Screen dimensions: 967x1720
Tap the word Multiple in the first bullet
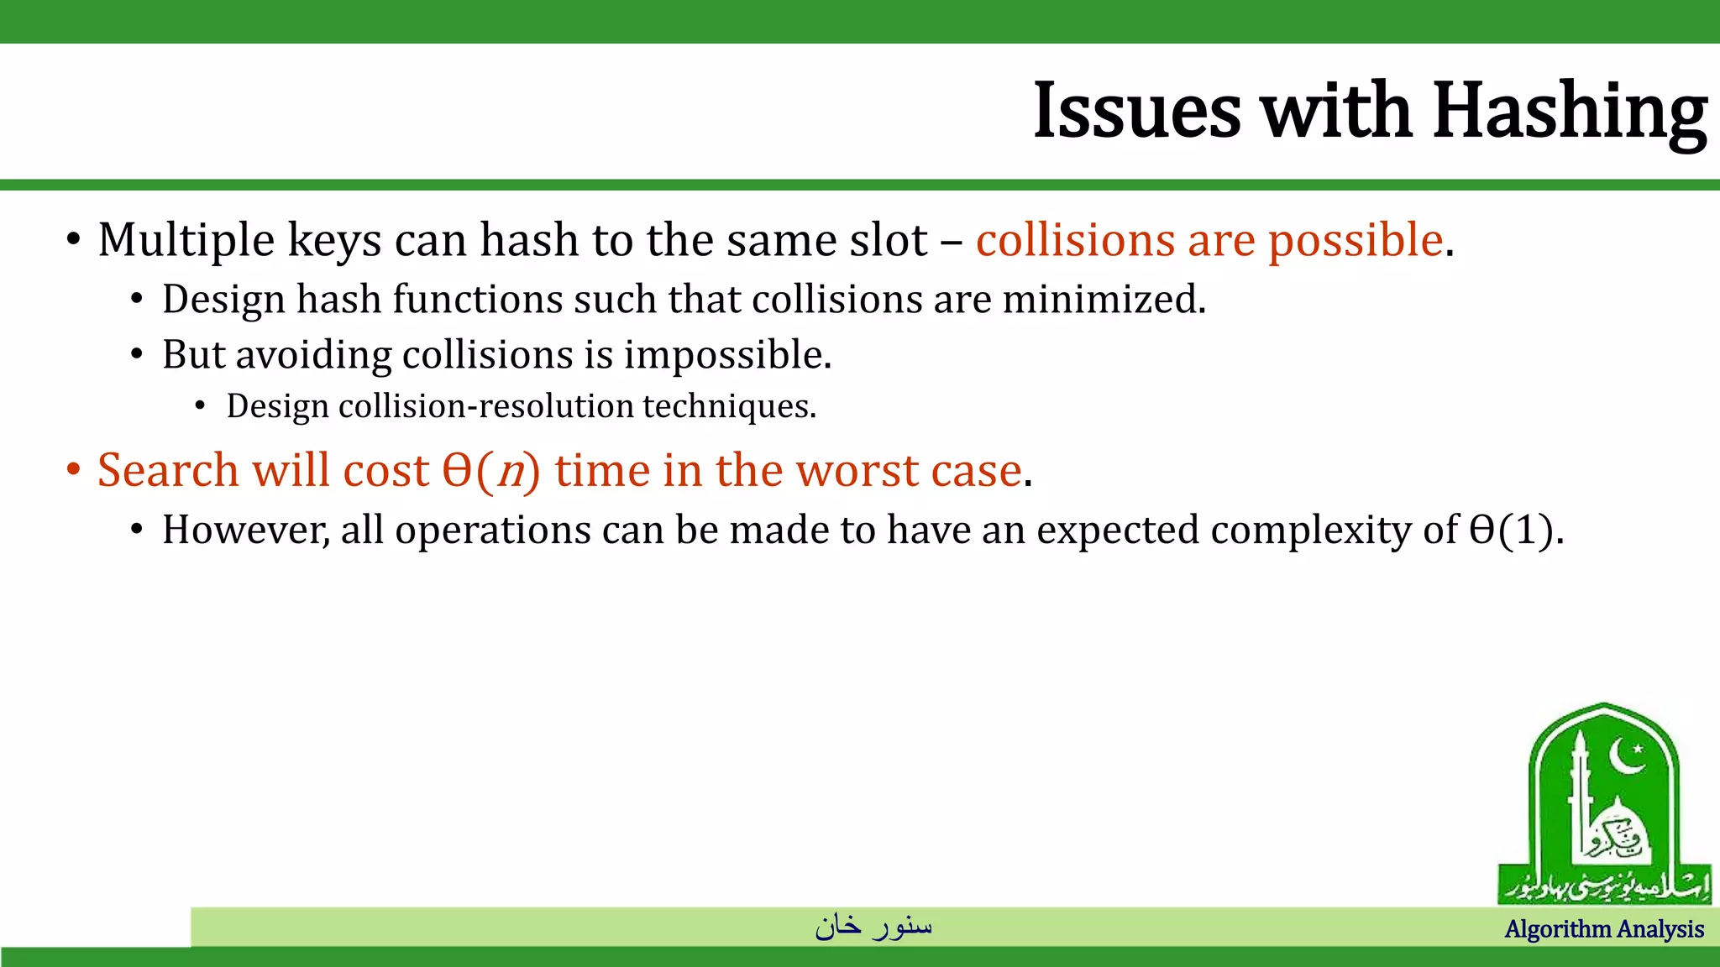(x=186, y=240)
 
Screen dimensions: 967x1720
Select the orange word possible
(x=1356, y=240)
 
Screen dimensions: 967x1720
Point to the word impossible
(x=727, y=355)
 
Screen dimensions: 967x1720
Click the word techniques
(x=729, y=407)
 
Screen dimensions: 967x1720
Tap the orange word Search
(x=168, y=470)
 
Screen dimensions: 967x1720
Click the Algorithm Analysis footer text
(x=1604, y=929)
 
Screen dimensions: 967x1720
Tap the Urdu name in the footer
(x=873, y=925)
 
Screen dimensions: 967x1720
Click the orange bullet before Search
(x=74, y=469)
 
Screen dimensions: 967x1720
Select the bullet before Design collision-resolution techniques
(x=200, y=407)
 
